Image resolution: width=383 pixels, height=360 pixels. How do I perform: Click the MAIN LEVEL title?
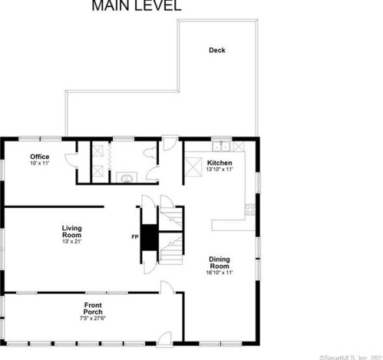pyautogui.click(x=137, y=7)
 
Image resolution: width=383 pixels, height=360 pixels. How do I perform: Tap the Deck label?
pyautogui.click(x=217, y=51)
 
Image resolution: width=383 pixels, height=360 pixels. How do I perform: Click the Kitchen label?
pyautogui.click(x=219, y=163)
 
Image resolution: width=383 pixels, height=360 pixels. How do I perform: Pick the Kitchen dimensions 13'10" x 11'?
pyautogui.click(x=219, y=170)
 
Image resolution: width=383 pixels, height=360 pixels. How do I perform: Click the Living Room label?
pyautogui.click(x=72, y=231)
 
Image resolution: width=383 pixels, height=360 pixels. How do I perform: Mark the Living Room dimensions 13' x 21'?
pyautogui.click(x=72, y=242)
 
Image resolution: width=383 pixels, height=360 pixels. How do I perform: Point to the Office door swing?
pyautogui.click(x=71, y=160)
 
